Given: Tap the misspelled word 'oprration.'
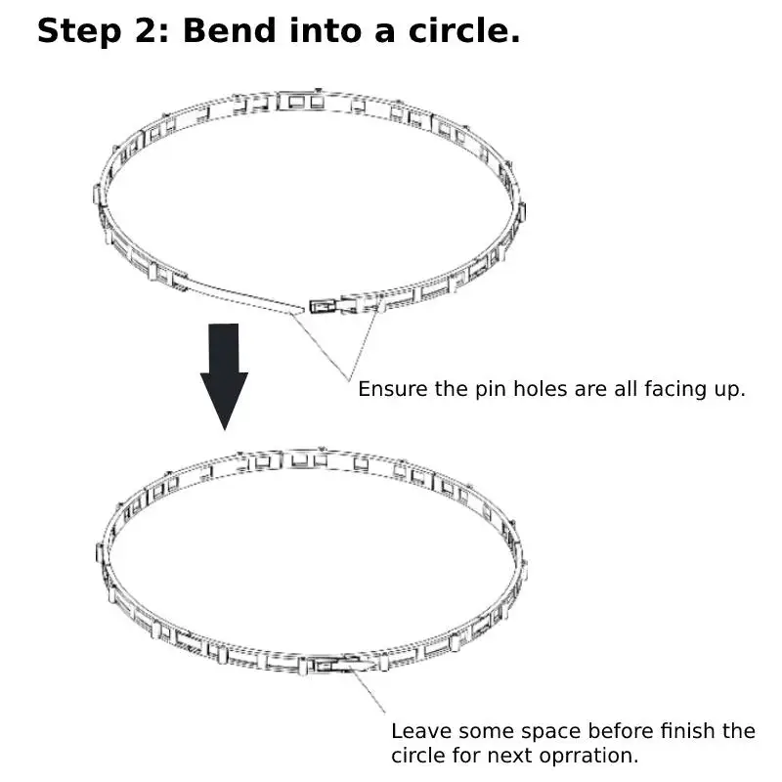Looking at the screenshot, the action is pos(593,757).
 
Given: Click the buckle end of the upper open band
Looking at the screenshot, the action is pos(326,306).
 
